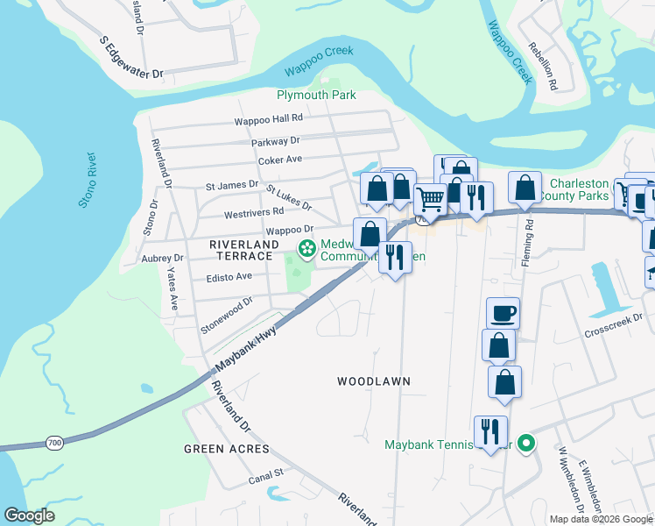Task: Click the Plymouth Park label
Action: tap(316, 95)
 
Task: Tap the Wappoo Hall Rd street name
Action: tap(268, 118)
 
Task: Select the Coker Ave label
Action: tap(279, 160)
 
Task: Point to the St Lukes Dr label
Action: tap(288, 197)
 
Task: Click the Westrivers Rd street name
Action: tap(254, 211)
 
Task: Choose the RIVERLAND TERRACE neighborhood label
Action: tap(243, 250)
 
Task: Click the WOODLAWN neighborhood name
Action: tap(374, 381)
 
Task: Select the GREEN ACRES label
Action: tap(226, 449)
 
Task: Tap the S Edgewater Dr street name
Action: tap(132, 60)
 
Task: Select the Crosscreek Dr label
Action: tap(619, 325)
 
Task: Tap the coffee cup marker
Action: tap(503, 313)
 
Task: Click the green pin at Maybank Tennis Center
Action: tap(525, 444)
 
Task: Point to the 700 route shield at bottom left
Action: tap(54, 444)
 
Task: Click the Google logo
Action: tap(30, 515)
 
